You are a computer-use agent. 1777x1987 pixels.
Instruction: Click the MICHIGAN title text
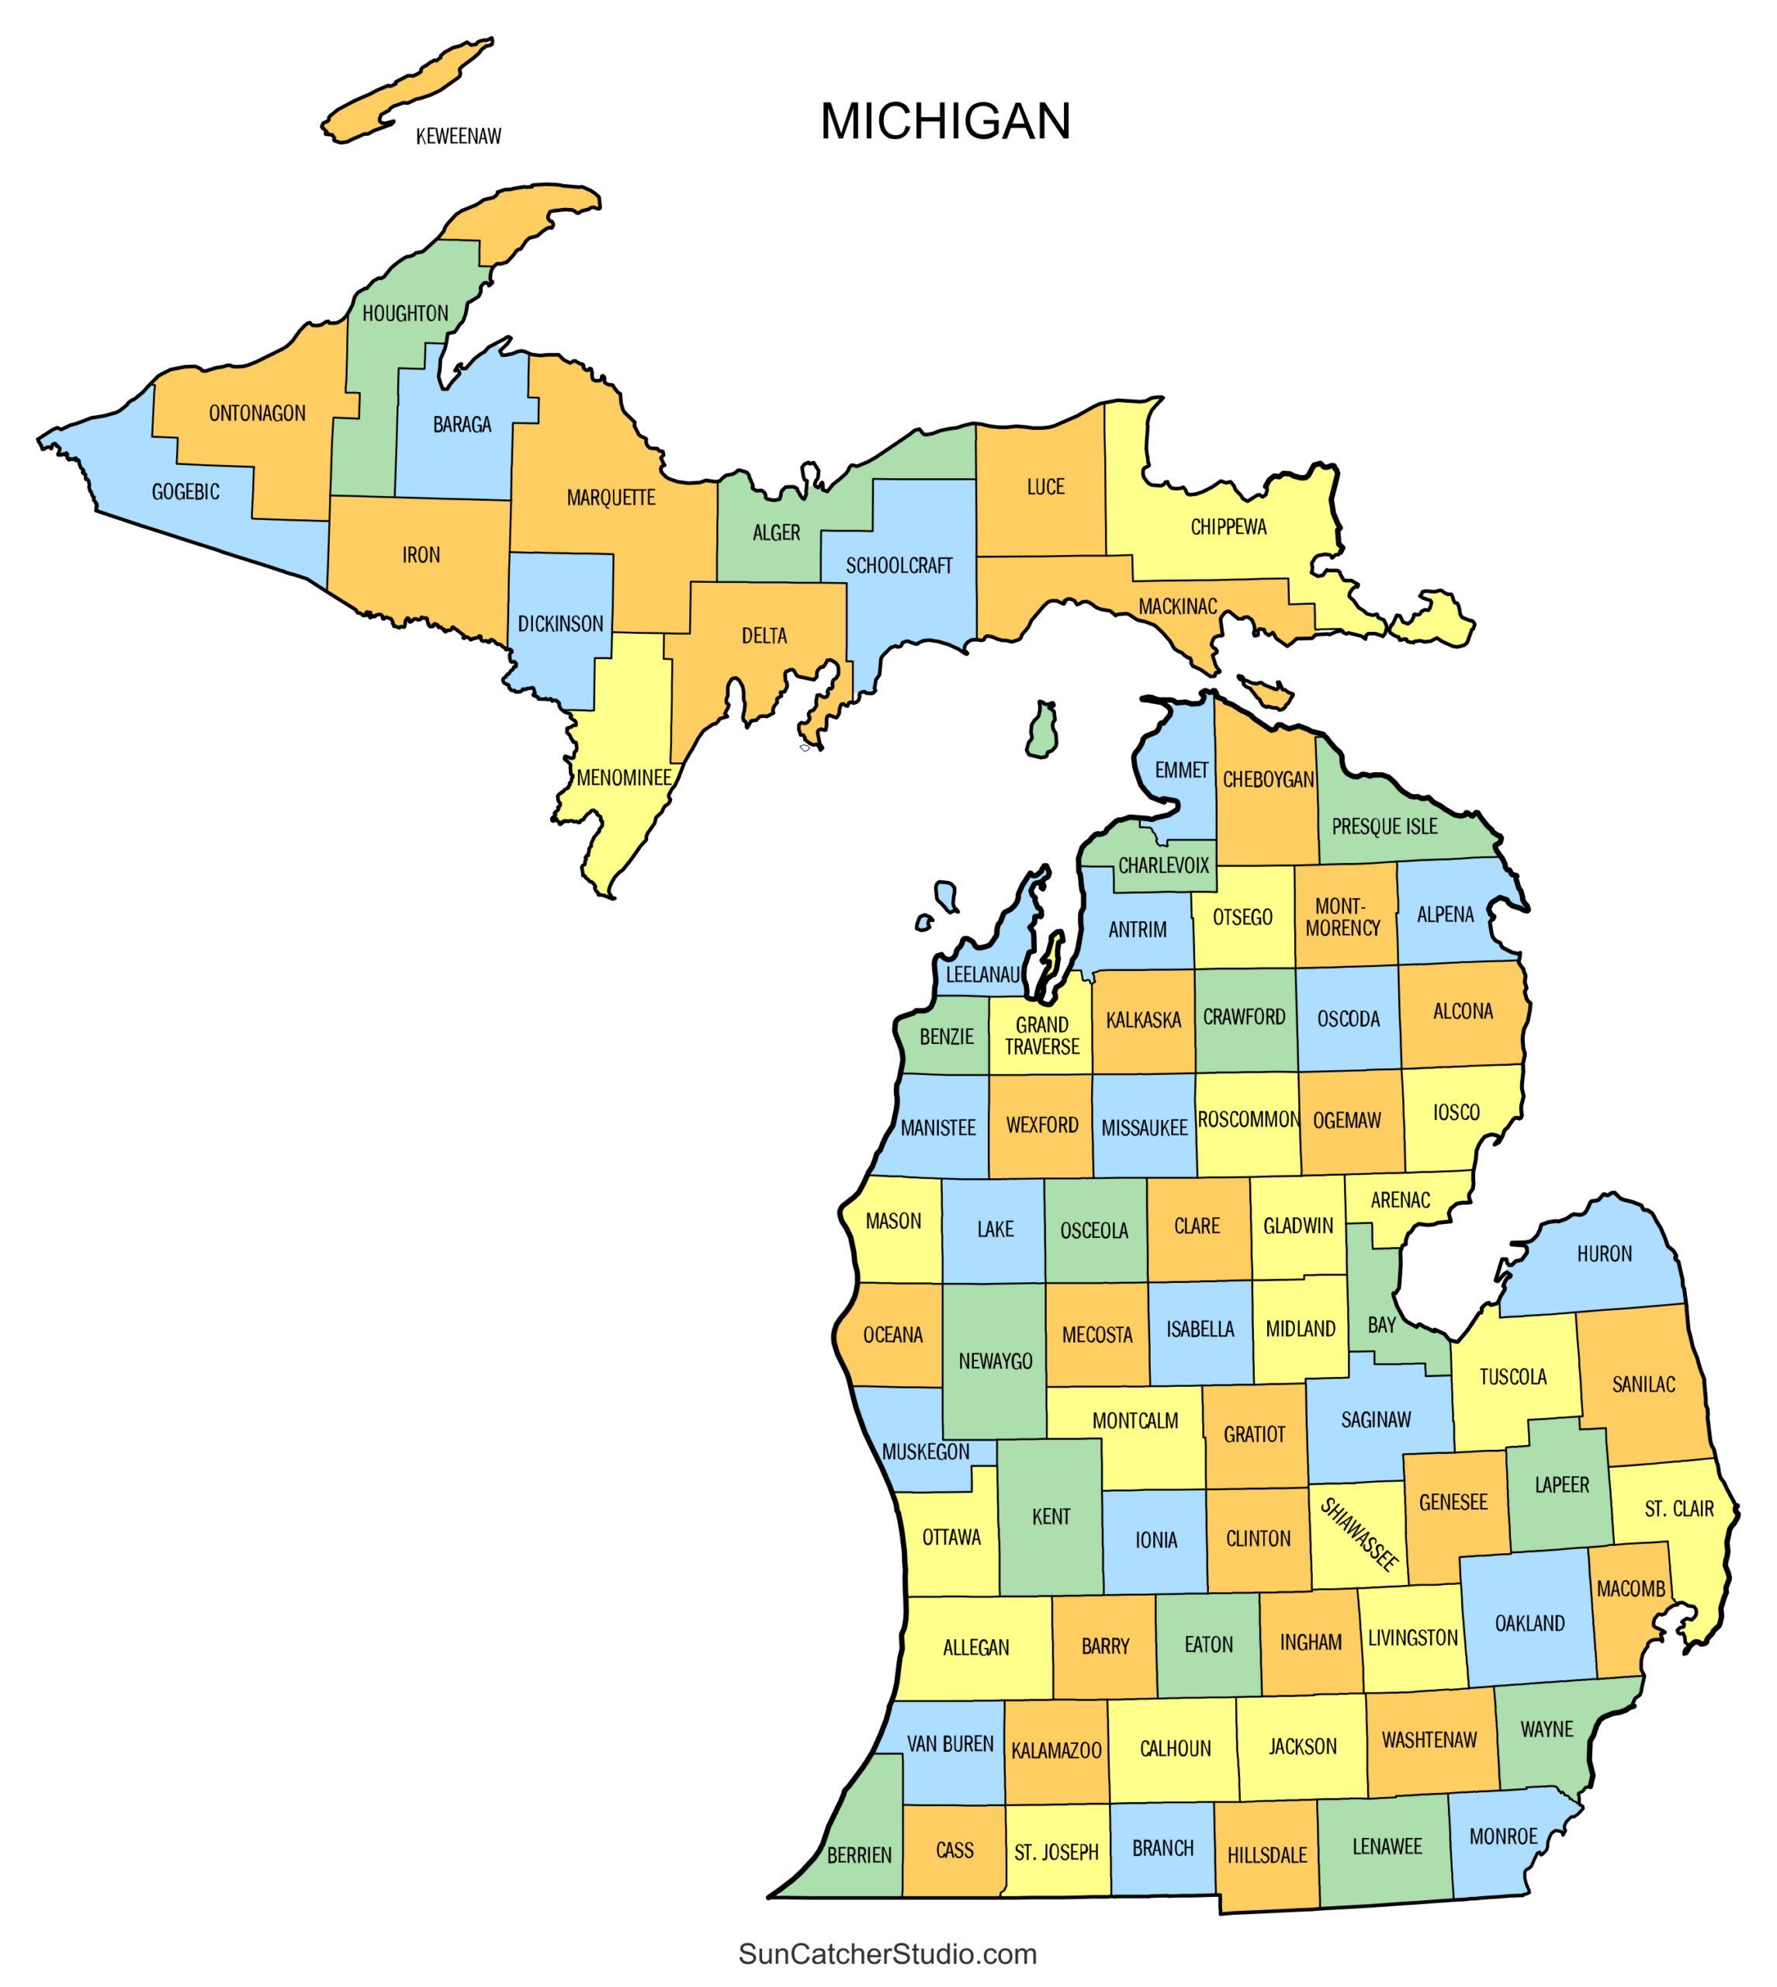(x=945, y=121)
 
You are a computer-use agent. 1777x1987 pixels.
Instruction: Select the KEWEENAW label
(x=458, y=137)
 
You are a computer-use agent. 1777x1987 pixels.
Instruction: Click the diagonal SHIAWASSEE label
(x=1359, y=1534)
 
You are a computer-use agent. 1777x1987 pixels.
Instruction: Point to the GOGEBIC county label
(x=185, y=492)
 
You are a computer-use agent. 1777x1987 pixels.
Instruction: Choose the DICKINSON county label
(x=560, y=624)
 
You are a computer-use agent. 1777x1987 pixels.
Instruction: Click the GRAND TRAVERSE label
(x=1042, y=1036)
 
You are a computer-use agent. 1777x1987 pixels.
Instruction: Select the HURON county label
(x=1604, y=1254)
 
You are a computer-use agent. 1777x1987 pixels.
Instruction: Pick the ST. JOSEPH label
(x=1056, y=1852)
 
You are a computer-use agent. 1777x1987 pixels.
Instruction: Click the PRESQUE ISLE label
(x=1384, y=827)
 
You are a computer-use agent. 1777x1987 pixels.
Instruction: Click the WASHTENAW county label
(x=1429, y=1740)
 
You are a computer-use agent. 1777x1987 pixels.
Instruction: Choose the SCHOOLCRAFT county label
(x=899, y=567)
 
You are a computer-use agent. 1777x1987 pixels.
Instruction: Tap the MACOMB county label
(x=1630, y=1589)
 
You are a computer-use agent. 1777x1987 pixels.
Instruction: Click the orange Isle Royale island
(x=405, y=92)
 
